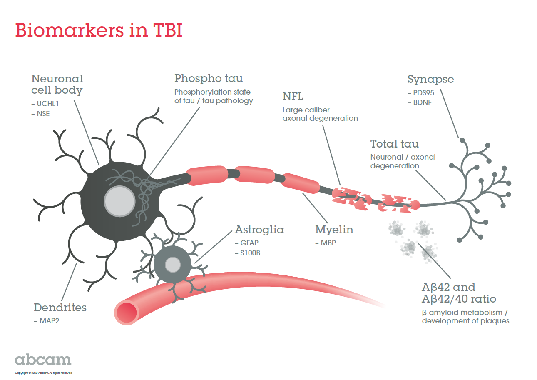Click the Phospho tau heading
pyautogui.click(x=209, y=78)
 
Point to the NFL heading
pyautogui.click(x=293, y=97)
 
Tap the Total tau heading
pyautogui.click(x=394, y=144)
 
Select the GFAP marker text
pyautogui.click(x=247, y=243)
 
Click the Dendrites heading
pyautogui.click(x=60, y=308)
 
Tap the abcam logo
pyautogui.click(x=43, y=360)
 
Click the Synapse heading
pyautogui.click(x=430, y=79)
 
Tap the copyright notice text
pyautogui.click(x=44, y=372)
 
